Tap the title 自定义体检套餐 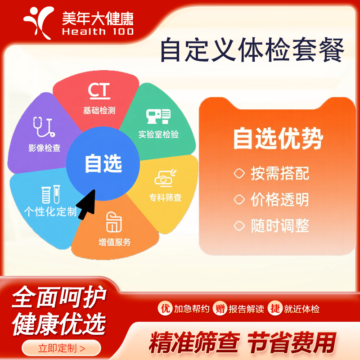click(x=252, y=50)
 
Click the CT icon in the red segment click(x=99, y=90)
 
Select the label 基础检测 click(x=99, y=110)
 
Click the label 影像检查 click(x=45, y=148)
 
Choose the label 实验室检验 click(x=158, y=135)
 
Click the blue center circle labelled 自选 click(x=103, y=164)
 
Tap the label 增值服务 click(x=114, y=242)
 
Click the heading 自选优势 click(x=278, y=139)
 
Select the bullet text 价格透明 click(x=280, y=200)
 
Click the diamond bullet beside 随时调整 click(x=238, y=225)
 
